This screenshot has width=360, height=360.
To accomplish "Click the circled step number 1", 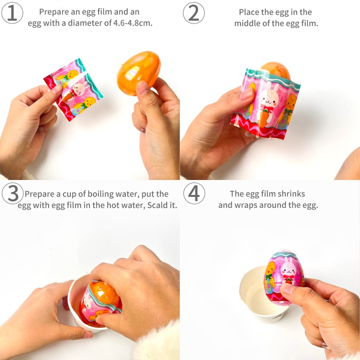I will tap(13, 13).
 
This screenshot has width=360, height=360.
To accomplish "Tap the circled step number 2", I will tap(193, 13).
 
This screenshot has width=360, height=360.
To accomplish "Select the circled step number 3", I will tap(13, 194).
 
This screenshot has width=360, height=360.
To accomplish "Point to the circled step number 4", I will tap(193, 194).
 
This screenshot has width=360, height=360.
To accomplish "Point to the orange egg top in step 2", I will tap(274, 68).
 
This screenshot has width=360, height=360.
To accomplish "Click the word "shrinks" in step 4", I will tap(291, 194).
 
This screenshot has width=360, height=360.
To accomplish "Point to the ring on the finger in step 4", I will tap(325, 345).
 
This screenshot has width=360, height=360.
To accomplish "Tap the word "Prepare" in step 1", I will tap(53, 12).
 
